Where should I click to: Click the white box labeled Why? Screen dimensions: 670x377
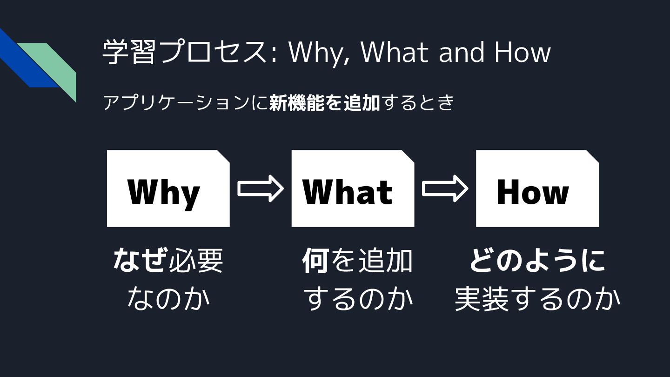pos(168,188)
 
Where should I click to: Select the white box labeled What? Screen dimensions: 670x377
pos(353,188)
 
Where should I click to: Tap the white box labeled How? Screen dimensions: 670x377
pos(537,188)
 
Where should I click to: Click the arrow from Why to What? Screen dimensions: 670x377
pos(261,188)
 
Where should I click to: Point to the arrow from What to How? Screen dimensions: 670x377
pos(445,188)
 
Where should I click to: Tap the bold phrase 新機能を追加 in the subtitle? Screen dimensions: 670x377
pos(325,103)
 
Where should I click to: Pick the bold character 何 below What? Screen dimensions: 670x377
pos(316,261)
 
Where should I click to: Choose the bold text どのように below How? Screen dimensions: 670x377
pos(537,261)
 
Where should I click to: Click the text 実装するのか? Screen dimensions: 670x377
pos(537,299)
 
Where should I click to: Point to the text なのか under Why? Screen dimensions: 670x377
pos(168,299)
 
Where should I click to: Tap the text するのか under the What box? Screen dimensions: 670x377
pos(358,299)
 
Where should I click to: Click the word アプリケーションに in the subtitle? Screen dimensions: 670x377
pos(185,103)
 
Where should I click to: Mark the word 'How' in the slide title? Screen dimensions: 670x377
pos(522,52)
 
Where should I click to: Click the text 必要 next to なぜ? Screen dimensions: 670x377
pos(196,261)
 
